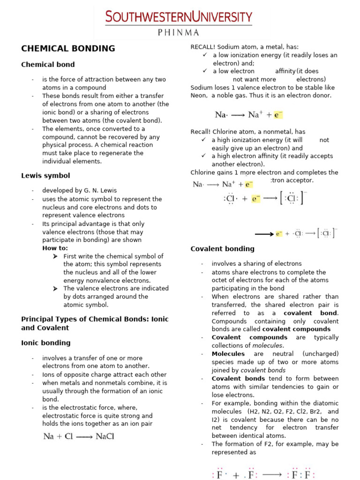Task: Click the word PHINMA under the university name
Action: point(179,32)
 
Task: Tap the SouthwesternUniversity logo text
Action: point(179,17)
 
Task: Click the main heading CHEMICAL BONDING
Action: point(68,48)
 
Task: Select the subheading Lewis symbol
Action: point(45,176)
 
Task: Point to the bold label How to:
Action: point(55,248)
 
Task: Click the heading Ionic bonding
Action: point(46,343)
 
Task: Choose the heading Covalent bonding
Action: point(222,249)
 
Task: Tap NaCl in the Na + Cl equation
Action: point(105,436)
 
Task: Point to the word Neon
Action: point(198,96)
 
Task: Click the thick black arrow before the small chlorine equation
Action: point(264,233)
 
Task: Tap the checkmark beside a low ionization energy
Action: point(204,55)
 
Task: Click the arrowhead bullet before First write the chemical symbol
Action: point(55,256)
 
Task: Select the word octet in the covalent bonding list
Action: point(220,280)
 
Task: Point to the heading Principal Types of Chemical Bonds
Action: point(95,319)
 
